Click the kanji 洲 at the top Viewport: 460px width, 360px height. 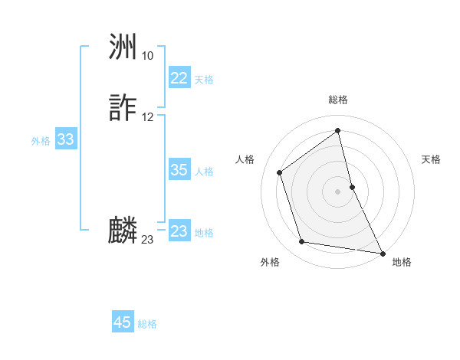coord(123,49)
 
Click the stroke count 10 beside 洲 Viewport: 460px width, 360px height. coord(147,56)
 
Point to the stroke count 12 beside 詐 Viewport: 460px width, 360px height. coord(147,117)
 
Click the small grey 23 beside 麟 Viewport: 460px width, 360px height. coord(147,240)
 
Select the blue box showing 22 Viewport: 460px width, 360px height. coord(179,78)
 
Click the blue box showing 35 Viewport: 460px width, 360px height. coord(179,170)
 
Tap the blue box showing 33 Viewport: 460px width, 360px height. coord(65,139)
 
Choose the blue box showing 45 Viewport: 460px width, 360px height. coord(123,322)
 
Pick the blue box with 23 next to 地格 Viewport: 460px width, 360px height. coord(179,231)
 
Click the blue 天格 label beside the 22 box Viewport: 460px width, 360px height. coord(204,80)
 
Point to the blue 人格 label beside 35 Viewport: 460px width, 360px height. coord(204,172)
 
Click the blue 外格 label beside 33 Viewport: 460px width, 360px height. coord(41,141)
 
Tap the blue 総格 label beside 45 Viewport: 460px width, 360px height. coord(147,324)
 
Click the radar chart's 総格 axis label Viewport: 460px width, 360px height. coord(338,100)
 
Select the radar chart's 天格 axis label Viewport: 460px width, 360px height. coord(431,159)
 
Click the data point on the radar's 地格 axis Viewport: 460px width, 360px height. coord(383,252)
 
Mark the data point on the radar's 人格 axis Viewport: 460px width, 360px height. coord(279,172)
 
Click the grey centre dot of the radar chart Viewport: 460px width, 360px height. coord(338,191)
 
